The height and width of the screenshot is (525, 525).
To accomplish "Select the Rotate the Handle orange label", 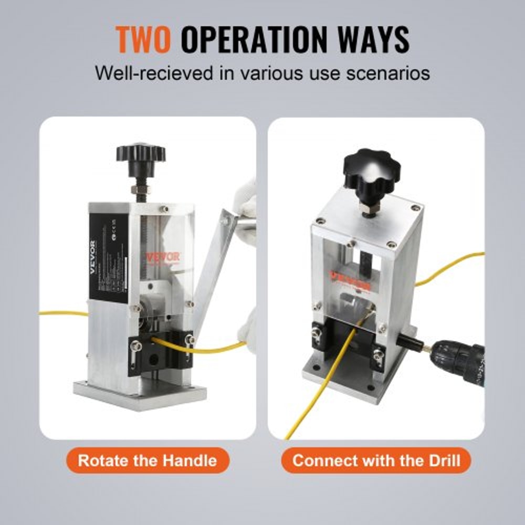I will pyautogui.click(x=148, y=461).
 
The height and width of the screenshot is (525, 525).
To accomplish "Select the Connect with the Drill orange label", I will pyautogui.click(x=376, y=461).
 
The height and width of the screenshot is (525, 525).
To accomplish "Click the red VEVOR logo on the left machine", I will pyautogui.click(x=163, y=257).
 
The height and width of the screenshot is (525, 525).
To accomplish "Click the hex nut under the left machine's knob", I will pyautogui.click(x=141, y=189).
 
